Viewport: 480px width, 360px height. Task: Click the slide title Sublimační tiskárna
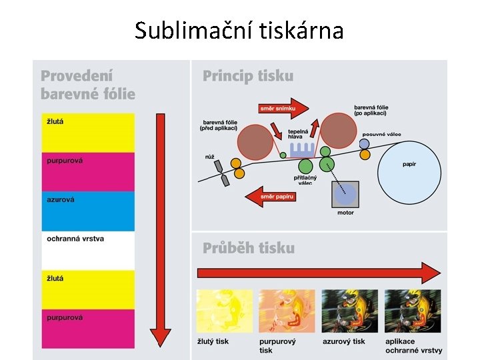(x=239, y=30)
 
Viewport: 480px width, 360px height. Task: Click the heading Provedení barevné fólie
(x=87, y=85)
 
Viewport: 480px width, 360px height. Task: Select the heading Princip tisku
(x=248, y=76)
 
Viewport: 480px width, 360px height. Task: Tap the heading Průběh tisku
(x=249, y=248)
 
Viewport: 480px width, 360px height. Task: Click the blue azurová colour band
(x=88, y=211)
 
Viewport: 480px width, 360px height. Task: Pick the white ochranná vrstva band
(x=88, y=251)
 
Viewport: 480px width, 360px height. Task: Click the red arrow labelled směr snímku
(x=283, y=107)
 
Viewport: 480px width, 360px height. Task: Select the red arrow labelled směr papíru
(x=270, y=196)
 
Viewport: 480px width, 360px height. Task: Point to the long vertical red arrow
(x=160, y=230)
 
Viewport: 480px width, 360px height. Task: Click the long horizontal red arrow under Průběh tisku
(x=319, y=272)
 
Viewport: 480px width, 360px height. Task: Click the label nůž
(x=210, y=157)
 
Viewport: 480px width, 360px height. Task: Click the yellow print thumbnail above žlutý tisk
(x=225, y=311)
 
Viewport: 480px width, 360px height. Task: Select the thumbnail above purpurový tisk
(x=287, y=311)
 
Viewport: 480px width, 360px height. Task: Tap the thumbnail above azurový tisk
(x=349, y=311)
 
